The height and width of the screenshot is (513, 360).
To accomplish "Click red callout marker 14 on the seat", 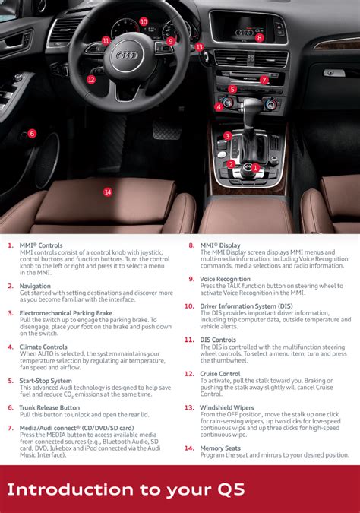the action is [108, 192].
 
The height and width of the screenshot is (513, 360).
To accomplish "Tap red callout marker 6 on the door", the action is [32, 134].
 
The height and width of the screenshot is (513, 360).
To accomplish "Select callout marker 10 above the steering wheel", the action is [144, 21].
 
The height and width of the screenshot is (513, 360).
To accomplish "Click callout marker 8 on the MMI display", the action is [260, 37].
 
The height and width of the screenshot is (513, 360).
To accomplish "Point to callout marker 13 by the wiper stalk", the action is [199, 47].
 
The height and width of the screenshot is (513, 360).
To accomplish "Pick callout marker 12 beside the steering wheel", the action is [91, 79].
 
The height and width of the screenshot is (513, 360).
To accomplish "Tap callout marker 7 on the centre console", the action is [264, 80].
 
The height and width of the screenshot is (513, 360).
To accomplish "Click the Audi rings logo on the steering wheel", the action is [127, 55].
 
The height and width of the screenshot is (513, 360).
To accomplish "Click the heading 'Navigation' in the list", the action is [35, 286].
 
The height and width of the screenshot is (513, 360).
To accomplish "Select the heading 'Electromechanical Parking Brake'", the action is [65, 313].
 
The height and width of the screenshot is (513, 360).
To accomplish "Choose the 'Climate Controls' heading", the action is [43, 347].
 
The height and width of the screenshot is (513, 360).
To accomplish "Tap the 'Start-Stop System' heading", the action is [46, 381].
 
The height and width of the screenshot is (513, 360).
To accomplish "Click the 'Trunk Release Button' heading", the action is [49, 408].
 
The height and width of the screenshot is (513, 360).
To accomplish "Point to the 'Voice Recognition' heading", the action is [226, 279].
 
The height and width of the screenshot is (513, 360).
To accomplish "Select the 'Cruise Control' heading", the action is [220, 374].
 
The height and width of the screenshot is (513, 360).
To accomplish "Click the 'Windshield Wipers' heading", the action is [226, 408].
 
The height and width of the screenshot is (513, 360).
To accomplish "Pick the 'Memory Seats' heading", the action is [221, 448].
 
